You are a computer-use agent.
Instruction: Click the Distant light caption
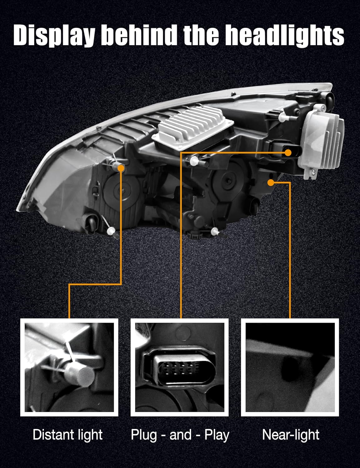[68, 435]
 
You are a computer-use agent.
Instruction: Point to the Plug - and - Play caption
[180, 435]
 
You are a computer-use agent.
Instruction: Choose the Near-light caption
[291, 435]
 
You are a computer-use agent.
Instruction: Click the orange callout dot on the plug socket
[288, 152]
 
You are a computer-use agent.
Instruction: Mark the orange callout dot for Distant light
[121, 168]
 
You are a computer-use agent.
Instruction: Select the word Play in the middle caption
[217, 435]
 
